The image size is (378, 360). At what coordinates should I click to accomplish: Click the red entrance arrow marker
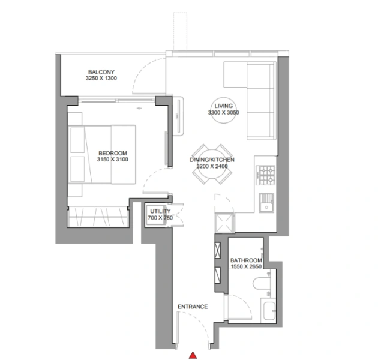193,355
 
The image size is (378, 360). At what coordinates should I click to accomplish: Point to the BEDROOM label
113,153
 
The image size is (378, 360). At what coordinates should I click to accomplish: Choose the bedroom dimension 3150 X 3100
113,160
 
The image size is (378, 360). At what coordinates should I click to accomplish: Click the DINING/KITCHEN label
208,160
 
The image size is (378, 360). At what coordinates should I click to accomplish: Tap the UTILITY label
160,211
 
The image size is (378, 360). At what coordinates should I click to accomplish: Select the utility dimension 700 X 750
160,218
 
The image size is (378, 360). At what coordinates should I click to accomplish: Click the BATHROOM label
245,260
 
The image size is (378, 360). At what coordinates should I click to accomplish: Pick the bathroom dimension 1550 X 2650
245,268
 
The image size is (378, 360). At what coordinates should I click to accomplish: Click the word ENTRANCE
193,307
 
